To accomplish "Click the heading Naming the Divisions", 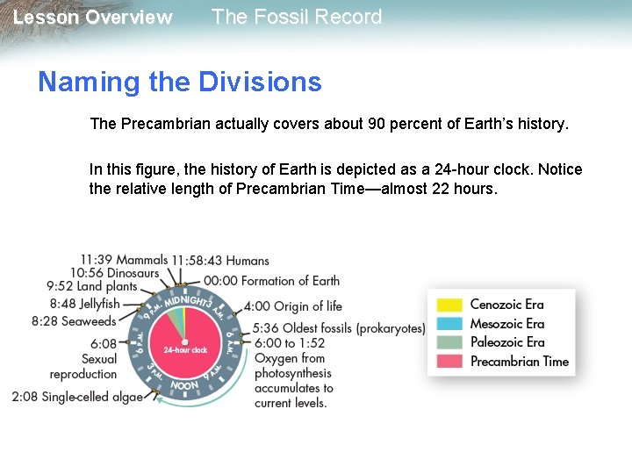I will [x=179, y=82].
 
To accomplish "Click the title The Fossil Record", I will [x=297, y=17].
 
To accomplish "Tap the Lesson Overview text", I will [x=93, y=18].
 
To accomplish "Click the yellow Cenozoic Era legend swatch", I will [x=449, y=305].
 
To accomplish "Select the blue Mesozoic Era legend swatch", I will [x=449, y=324].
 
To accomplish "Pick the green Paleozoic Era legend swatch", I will [x=449, y=342].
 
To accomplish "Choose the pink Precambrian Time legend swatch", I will [x=449, y=362].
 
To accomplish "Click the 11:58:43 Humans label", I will [x=220, y=261].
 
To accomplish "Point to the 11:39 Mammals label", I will [x=123, y=260].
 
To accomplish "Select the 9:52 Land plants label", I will [x=92, y=286].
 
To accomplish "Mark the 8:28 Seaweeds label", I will [x=74, y=321].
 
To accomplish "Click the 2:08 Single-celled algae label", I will [x=77, y=397].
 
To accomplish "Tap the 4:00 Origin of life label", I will [x=293, y=306].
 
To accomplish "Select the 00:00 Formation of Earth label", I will [x=271, y=281].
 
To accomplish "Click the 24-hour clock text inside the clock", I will [x=185, y=350].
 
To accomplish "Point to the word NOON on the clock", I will [x=184, y=385].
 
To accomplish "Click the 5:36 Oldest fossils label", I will [x=339, y=328].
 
